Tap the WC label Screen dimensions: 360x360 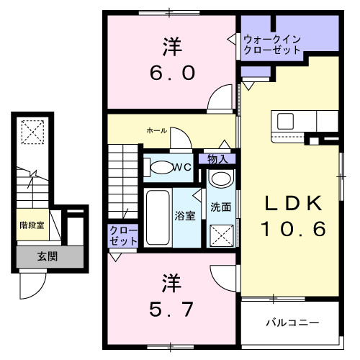pyautogui.click(x=181, y=168)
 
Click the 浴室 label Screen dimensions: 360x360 pyautogui.click(x=184, y=215)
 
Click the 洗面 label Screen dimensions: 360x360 pyautogui.click(x=220, y=207)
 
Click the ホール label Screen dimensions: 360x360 pyautogui.click(x=156, y=130)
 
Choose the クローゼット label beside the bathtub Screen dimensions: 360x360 pyautogui.click(x=122, y=235)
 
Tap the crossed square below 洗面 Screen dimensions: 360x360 pyautogui.click(x=221, y=234)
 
